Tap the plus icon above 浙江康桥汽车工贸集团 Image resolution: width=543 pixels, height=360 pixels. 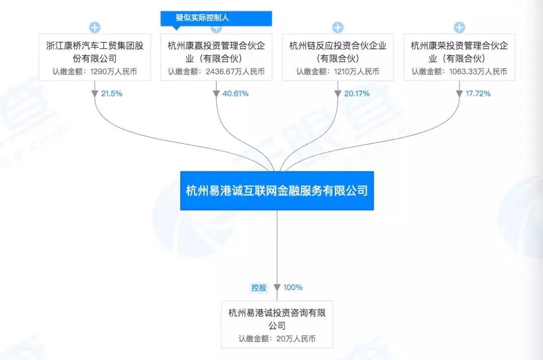click(95, 27)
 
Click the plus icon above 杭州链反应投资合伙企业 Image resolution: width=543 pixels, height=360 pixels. click(338, 27)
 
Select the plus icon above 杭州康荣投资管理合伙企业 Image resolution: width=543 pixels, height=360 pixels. click(459, 27)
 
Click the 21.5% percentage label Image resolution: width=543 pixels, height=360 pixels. click(112, 94)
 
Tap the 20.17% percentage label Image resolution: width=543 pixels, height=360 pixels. click(357, 94)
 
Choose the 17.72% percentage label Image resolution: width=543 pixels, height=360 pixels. click(478, 94)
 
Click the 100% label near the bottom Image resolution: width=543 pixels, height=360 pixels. click(293, 288)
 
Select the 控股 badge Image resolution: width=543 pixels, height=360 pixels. click(259, 288)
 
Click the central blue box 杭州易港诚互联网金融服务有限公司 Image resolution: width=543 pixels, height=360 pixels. click(277, 191)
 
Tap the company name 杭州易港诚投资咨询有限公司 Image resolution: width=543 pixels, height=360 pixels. click(277, 319)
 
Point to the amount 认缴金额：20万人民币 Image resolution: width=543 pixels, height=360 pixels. click(277, 338)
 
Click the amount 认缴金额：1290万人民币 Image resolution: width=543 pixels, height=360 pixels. click(95, 71)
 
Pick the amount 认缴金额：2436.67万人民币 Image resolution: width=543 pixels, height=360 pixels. click(216, 71)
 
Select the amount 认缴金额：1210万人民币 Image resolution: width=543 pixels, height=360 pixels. click(338, 71)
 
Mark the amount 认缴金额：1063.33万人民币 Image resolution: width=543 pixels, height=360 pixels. click(459, 71)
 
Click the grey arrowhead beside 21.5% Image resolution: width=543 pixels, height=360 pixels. click(95, 94)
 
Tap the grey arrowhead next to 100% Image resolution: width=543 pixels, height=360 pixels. click(277, 288)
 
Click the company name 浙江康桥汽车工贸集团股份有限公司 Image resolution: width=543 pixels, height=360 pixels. click(95, 52)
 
